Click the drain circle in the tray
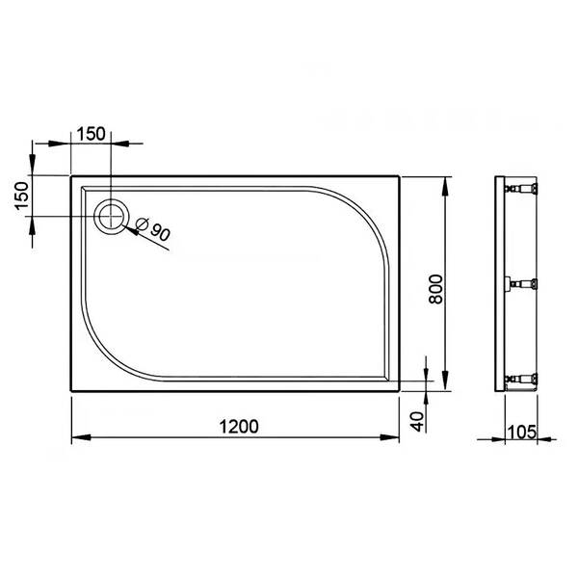point(112,216)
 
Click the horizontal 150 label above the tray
point(92,133)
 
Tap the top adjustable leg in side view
point(520,189)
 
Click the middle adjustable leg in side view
point(520,284)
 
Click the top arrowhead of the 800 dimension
point(446,183)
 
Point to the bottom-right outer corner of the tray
point(399,393)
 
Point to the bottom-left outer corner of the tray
point(70,393)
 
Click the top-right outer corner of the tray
point(399,175)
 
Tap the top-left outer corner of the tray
point(70,175)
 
